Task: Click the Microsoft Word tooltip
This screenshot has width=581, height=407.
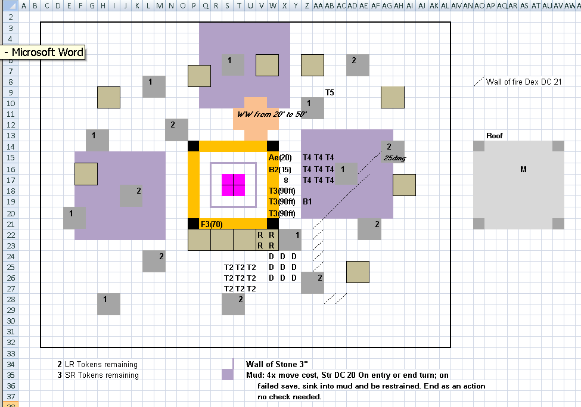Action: point(43,52)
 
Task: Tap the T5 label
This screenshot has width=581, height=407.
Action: point(330,93)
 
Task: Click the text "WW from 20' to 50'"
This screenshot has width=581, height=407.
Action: point(272,114)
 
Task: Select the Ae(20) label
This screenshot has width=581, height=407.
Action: point(280,157)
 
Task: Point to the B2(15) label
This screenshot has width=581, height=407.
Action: point(279,170)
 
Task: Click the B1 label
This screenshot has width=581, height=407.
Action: point(307,201)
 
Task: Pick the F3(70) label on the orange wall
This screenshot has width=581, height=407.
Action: point(212,224)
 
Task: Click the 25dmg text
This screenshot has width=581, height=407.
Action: point(394,159)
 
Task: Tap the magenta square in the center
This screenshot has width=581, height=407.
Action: point(233,185)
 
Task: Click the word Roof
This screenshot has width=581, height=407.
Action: point(494,136)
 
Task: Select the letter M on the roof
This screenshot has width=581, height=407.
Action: point(523,169)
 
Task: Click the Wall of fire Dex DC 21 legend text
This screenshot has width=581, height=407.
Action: point(524,82)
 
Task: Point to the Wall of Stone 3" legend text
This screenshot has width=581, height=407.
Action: point(276,364)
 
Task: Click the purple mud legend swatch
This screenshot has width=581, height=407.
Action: point(228,375)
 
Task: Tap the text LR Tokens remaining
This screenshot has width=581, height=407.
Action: point(101,364)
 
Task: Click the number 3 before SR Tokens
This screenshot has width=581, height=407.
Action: point(59,375)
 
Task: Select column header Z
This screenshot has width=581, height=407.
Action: point(307,5)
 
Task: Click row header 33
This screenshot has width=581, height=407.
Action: point(11,353)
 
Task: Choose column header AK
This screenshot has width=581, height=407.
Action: point(434,5)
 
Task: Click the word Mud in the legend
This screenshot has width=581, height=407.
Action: point(254,375)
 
